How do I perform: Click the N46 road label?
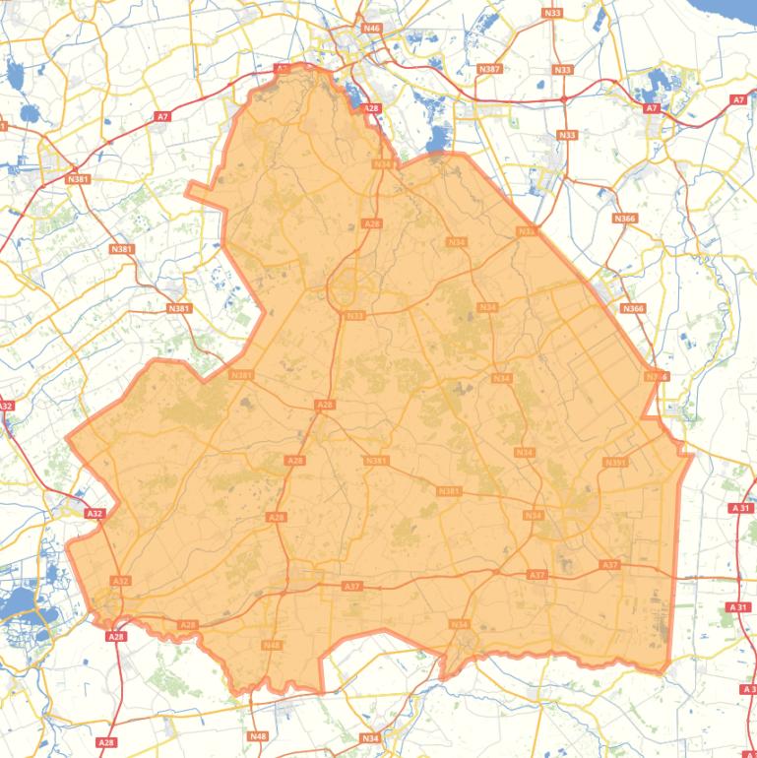pyautogui.click(x=371, y=29)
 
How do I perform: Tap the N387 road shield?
pyautogui.click(x=489, y=69)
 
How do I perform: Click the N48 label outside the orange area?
pyautogui.click(x=258, y=736)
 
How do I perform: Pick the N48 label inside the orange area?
pyautogui.click(x=272, y=645)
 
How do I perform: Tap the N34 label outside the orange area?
pyautogui.click(x=370, y=738)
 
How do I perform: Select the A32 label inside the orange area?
pyautogui.click(x=120, y=582)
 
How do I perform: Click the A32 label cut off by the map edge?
pyautogui.click(x=5, y=406)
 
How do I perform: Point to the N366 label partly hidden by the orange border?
pyautogui.click(x=657, y=376)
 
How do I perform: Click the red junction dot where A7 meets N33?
pyautogui.click(x=563, y=99)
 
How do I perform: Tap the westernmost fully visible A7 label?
pyautogui.click(x=162, y=117)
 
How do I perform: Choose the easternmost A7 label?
pyautogui.click(x=738, y=100)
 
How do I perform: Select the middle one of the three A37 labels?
pyautogui.click(x=536, y=574)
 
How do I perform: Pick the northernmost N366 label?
pyautogui.click(x=624, y=218)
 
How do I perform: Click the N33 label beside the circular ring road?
pyautogui.click(x=355, y=315)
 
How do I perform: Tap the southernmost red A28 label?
pyautogui.click(x=106, y=741)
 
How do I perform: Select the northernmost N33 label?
pyautogui.click(x=551, y=12)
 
